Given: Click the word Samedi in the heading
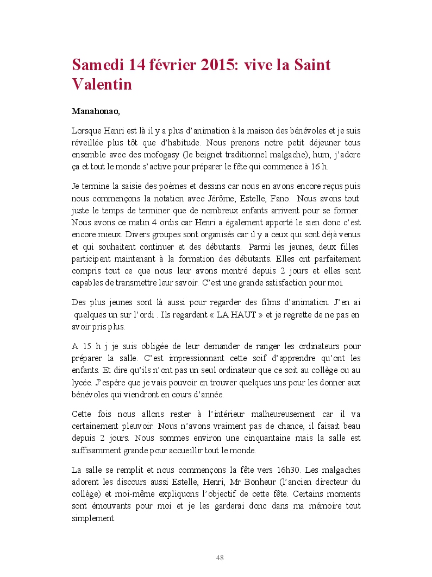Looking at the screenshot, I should pos(97,66).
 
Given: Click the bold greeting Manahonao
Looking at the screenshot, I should pos(95,111).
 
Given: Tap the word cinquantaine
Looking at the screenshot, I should pos(271,439).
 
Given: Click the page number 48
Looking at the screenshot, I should pos(220,557).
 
